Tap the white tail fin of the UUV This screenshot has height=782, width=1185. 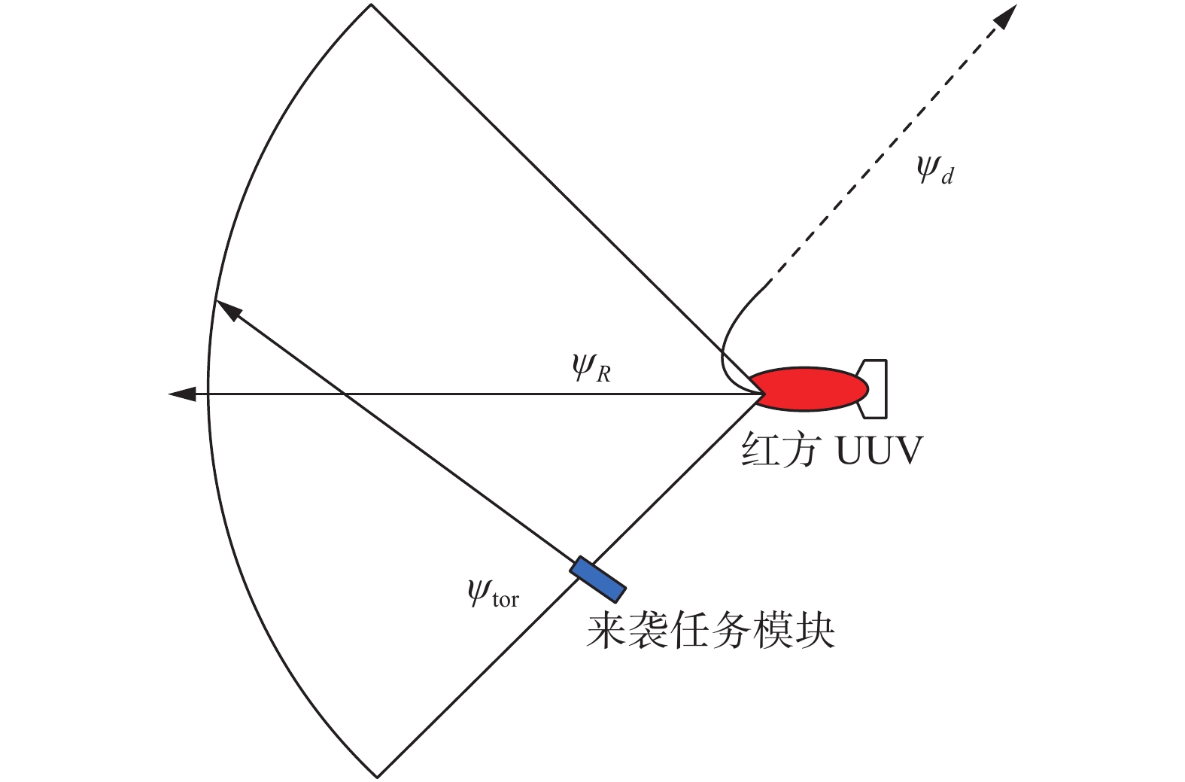point(876,388)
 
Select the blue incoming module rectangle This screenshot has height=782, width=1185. point(598,580)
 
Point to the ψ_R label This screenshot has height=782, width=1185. point(591,368)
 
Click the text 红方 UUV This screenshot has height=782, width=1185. point(831,451)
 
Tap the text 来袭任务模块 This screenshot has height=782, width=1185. point(710,630)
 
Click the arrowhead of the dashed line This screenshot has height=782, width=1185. point(1008,16)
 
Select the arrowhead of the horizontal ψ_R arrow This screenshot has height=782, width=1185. point(181,394)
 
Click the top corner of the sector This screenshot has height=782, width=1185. point(371,5)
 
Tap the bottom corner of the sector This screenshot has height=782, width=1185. point(378,776)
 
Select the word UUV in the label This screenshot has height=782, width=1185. point(879,451)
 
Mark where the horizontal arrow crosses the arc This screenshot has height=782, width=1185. point(208,394)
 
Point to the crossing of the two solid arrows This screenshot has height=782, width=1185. point(344,394)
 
